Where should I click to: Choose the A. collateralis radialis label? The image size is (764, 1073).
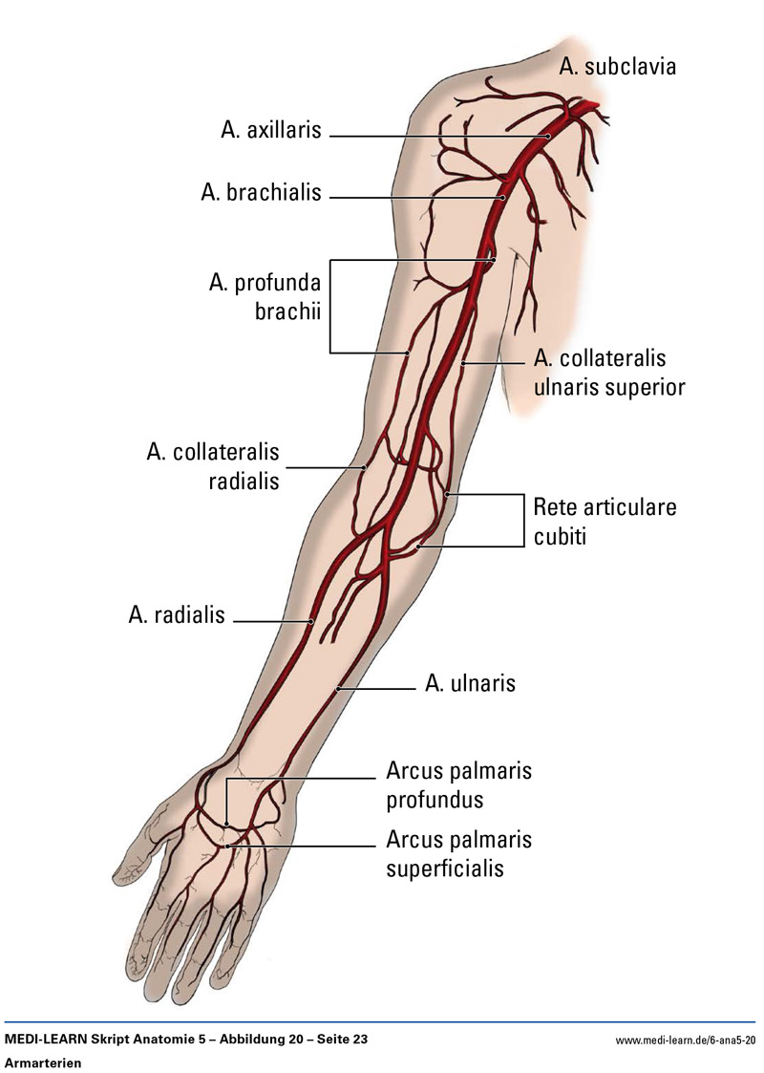click(213, 464)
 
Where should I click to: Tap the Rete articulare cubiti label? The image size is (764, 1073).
click(605, 520)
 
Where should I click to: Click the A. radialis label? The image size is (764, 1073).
click(177, 614)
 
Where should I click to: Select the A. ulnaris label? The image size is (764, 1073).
click(470, 684)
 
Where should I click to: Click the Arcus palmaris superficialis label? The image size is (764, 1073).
click(458, 853)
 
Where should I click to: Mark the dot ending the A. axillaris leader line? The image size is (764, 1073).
click(549, 137)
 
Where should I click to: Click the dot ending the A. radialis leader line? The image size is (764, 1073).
click(311, 622)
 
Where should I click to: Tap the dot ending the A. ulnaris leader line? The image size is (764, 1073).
click(338, 688)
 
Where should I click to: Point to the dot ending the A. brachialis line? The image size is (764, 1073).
click(505, 197)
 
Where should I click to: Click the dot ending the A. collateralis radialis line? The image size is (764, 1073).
click(365, 467)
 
